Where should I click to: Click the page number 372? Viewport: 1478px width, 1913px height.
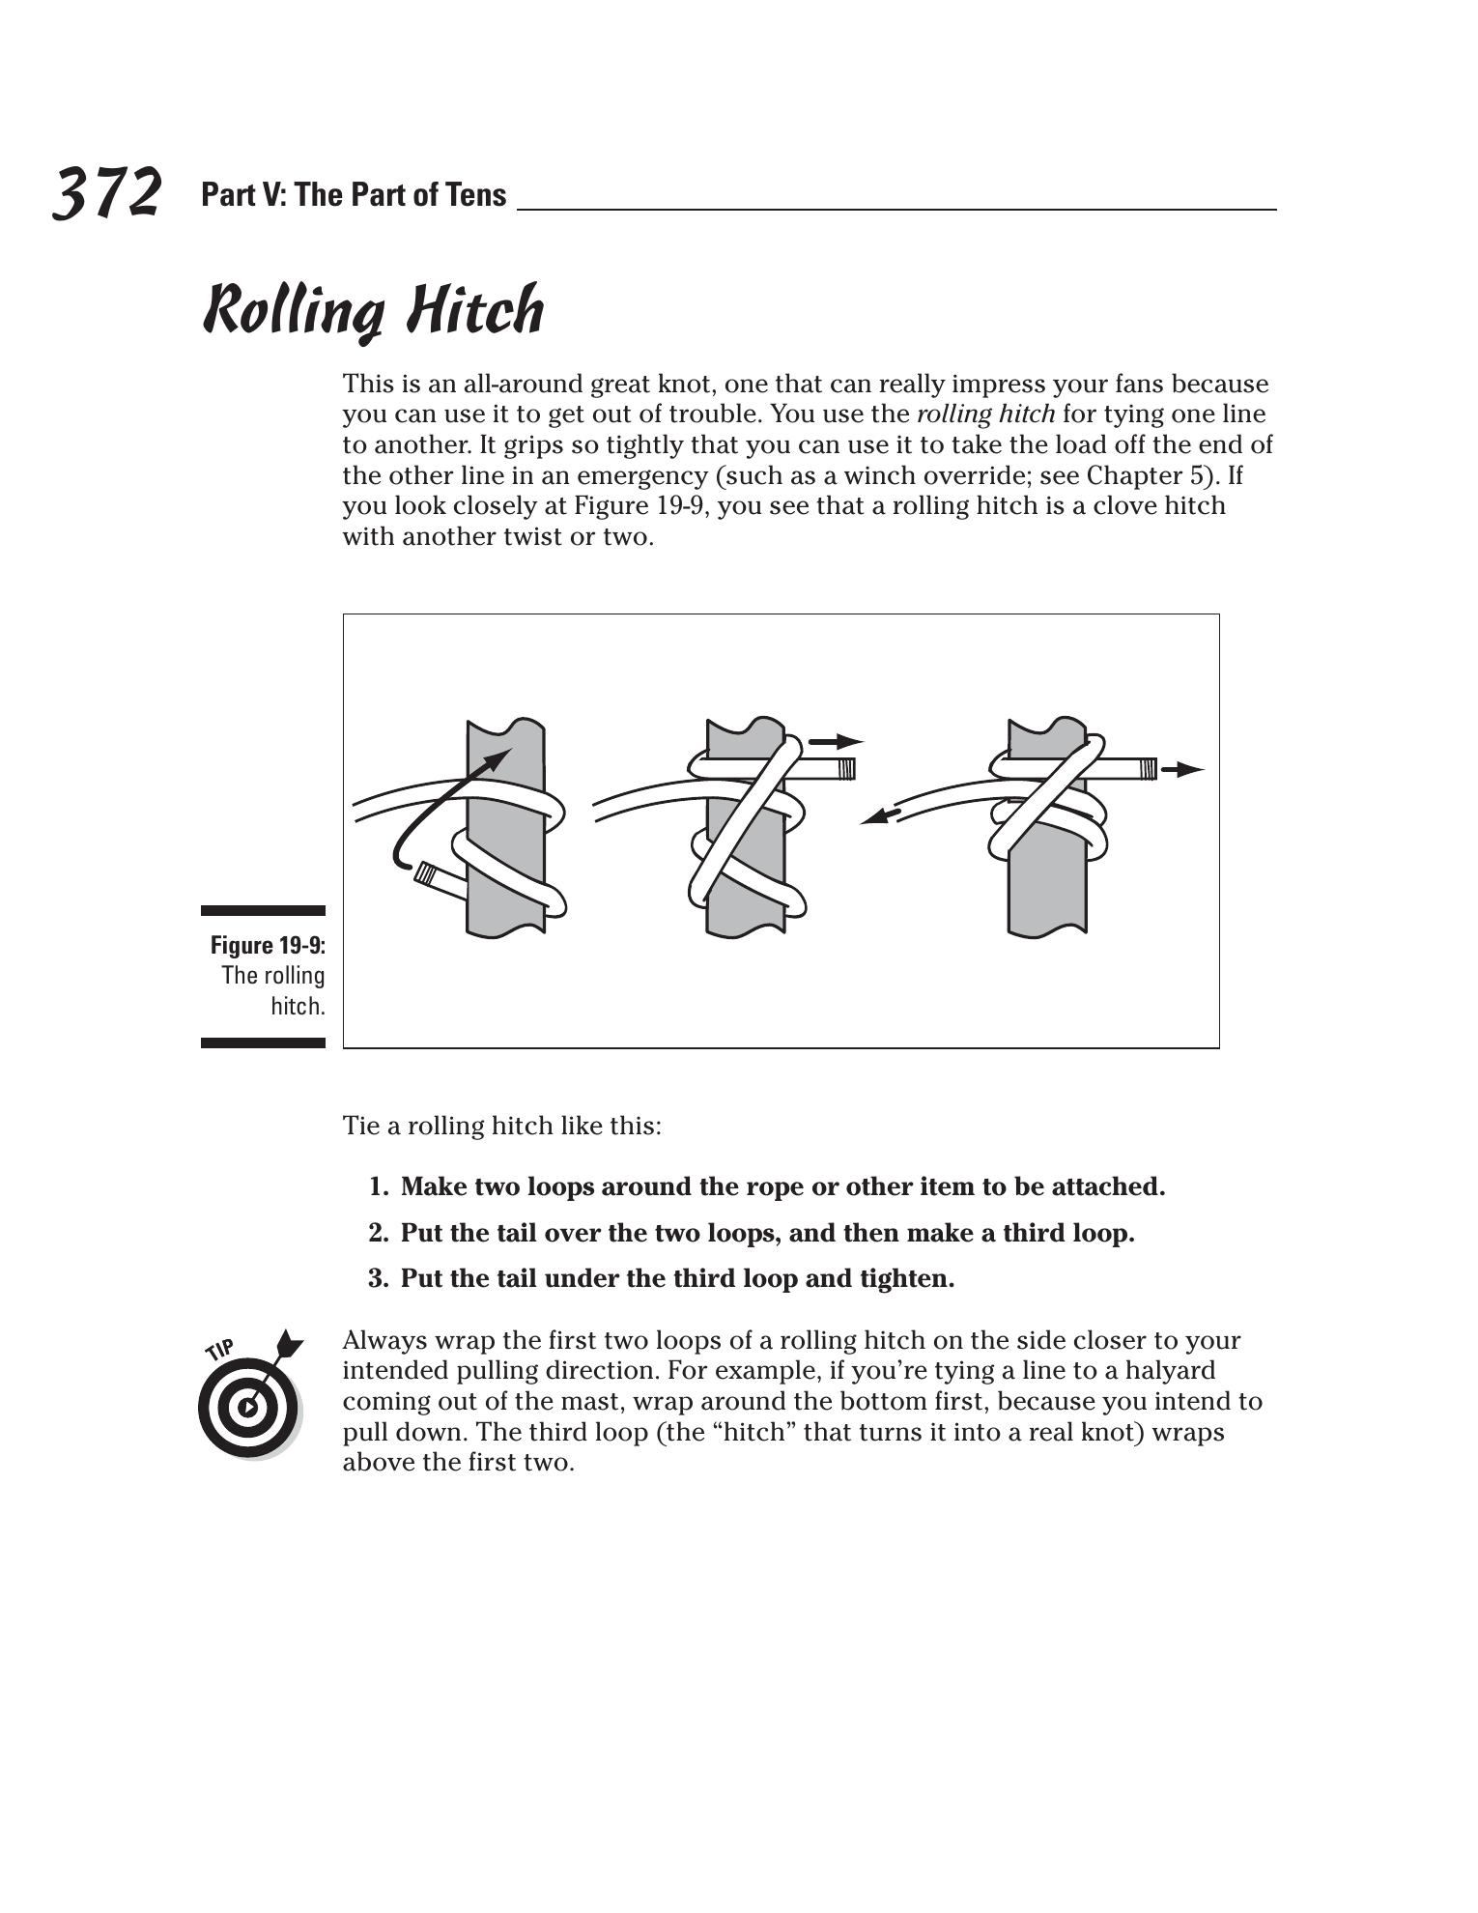tap(106, 193)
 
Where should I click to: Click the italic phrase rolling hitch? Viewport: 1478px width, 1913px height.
tap(984, 414)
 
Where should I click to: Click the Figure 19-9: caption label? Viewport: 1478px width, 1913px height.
tap(268, 945)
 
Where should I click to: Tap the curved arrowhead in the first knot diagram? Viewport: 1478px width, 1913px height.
tap(497, 758)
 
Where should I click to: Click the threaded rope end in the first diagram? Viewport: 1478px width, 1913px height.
tap(427, 875)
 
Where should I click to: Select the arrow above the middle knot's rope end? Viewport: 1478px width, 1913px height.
tap(836, 742)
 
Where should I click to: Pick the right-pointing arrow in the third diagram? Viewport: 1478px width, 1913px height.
tap(1183, 770)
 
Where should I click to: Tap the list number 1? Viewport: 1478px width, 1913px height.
tap(378, 1186)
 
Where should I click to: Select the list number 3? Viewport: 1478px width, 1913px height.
tap(378, 1279)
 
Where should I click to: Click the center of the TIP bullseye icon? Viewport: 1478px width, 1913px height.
tap(248, 1407)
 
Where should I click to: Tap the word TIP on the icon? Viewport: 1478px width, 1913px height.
tap(220, 1349)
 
